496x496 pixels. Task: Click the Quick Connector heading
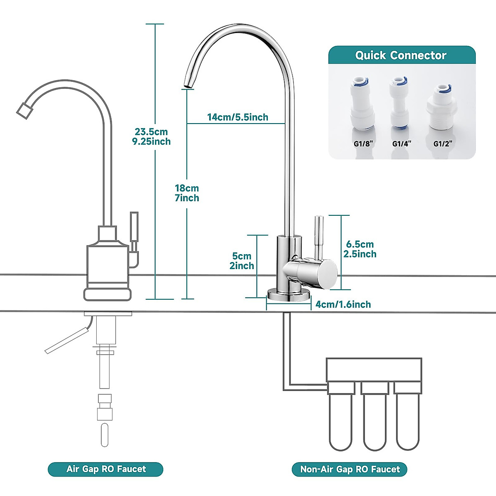click(401, 55)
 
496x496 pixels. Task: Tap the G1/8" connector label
click(363, 144)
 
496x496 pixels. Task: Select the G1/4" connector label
click(401, 144)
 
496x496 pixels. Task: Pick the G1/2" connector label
click(443, 144)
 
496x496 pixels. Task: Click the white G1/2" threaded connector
click(442, 107)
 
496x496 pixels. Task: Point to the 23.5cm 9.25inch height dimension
click(151, 137)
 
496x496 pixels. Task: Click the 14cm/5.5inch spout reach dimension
click(238, 117)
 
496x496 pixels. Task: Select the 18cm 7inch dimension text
click(187, 193)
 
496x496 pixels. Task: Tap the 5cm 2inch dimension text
click(242, 261)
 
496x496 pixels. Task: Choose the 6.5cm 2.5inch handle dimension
click(360, 249)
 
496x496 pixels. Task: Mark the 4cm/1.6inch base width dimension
click(343, 305)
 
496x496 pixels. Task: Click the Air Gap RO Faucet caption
click(106, 469)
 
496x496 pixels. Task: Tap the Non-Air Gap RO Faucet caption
click(350, 470)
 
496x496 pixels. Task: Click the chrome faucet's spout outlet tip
click(188, 85)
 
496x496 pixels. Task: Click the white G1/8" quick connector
click(362, 105)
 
